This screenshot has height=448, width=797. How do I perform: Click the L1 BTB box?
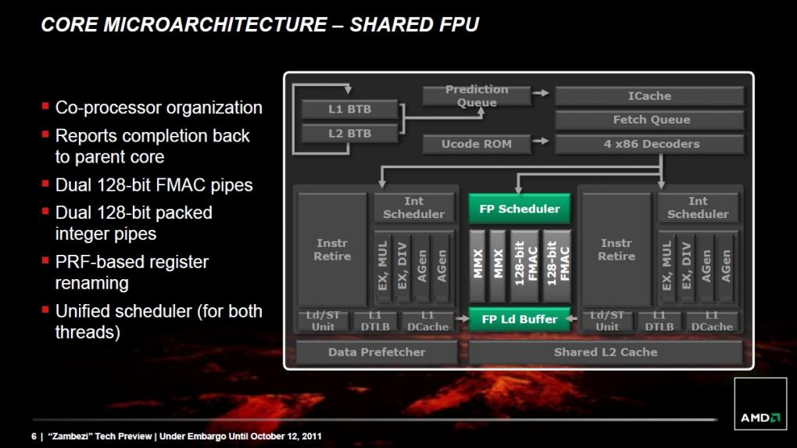[350, 109]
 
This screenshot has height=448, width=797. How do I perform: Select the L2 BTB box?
[350, 133]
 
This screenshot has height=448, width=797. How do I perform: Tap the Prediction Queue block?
[477, 95]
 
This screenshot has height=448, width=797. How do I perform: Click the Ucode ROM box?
[477, 144]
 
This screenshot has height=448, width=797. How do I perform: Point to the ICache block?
[649, 95]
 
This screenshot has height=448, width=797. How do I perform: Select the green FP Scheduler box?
[520, 209]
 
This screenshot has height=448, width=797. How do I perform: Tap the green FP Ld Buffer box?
[520, 319]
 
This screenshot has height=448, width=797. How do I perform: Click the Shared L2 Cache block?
[606, 352]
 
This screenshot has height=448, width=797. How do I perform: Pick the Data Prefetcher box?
[377, 352]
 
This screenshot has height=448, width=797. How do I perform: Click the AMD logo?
[760, 418]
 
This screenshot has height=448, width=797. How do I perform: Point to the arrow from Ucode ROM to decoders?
[541, 141]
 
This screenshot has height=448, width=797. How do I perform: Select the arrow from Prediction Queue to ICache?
[541, 92]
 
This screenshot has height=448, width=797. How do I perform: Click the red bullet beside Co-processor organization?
[45, 106]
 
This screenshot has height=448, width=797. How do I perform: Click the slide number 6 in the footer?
[34, 436]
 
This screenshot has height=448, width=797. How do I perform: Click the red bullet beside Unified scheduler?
[45, 309]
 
